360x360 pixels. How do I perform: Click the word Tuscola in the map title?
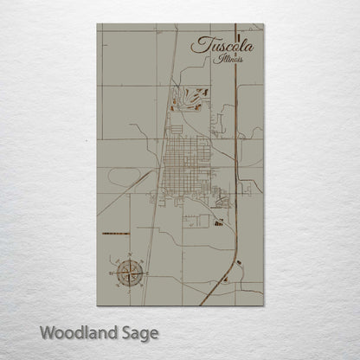(220, 45)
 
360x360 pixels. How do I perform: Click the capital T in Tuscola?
(200, 43)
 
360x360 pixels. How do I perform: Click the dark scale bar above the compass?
(114, 235)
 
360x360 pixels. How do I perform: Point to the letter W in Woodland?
(47, 332)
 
